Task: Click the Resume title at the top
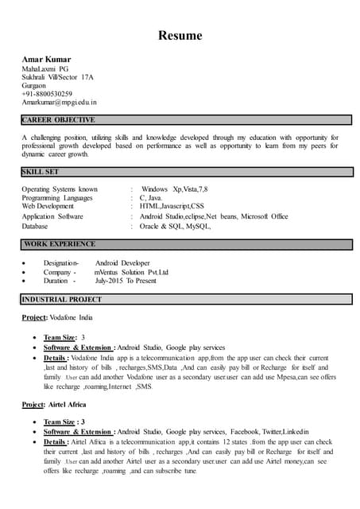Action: tap(180, 36)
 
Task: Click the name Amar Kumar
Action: tap(46, 60)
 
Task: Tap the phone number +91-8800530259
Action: tap(47, 94)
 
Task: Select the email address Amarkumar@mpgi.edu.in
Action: tap(59, 103)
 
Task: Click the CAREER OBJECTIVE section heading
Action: tap(59, 120)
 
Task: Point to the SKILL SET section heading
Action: tap(41, 172)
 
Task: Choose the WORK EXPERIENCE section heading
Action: tap(60, 244)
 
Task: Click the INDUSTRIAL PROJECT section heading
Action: tap(62, 300)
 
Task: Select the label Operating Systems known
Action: tap(60, 189)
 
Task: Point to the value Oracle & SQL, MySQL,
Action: tap(175, 226)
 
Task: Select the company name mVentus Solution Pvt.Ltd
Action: tap(131, 272)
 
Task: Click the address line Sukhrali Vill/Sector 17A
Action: tap(57, 77)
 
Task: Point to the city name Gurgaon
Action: tap(35, 86)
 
